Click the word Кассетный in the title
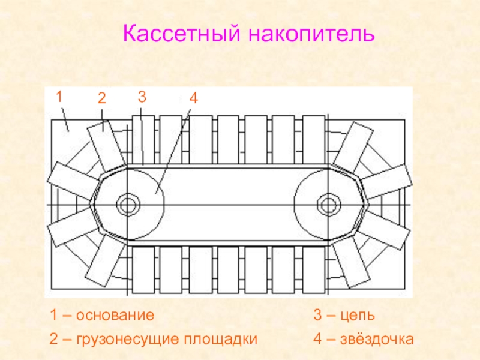tap(182, 34)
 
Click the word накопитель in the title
tap(311, 34)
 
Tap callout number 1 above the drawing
tap(59, 97)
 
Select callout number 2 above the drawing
tap(102, 98)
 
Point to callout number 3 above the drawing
tap(142, 97)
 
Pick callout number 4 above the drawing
tap(193, 98)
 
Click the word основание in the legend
tap(115, 316)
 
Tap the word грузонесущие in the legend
tap(128, 340)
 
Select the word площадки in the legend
tap(220, 340)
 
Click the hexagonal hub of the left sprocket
tap(128, 205)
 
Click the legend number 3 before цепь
tap(317, 316)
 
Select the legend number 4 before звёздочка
tap(318, 339)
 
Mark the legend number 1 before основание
tap(53, 316)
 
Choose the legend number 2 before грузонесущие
tap(53, 339)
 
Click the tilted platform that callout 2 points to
tap(106, 146)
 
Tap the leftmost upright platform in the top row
tap(143, 140)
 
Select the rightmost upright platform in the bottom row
tap(314, 269)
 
